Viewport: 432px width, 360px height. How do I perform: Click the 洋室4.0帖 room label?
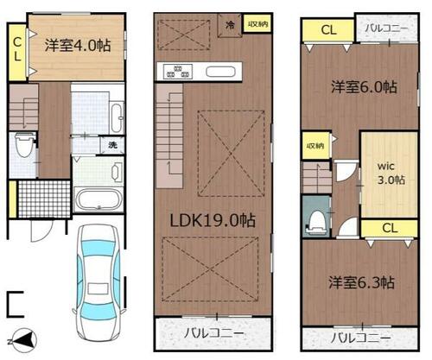click(x=78, y=46)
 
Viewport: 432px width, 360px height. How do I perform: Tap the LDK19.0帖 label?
click(x=213, y=221)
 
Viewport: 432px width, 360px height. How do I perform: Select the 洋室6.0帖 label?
click(x=364, y=87)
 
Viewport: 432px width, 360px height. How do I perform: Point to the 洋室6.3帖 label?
click(x=362, y=282)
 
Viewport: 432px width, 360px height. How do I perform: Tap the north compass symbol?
click(x=22, y=340)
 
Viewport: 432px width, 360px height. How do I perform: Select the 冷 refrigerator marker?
click(x=230, y=25)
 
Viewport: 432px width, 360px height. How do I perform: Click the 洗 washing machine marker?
click(x=112, y=145)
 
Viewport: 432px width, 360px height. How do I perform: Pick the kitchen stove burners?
click(x=178, y=72)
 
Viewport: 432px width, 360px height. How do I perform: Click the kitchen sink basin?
click(x=220, y=72)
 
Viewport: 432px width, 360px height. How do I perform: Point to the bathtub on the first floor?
click(x=98, y=199)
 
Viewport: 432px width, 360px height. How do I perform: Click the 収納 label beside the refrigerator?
click(x=258, y=24)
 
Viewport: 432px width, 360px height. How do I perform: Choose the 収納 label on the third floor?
click(x=315, y=146)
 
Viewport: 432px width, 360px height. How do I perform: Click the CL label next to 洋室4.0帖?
click(x=17, y=49)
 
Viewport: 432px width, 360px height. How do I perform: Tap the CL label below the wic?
click(x=390, y=228)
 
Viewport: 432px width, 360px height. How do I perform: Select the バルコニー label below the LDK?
click(x=214, y=334)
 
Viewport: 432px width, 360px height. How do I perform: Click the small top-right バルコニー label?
click(x=386, y=28)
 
